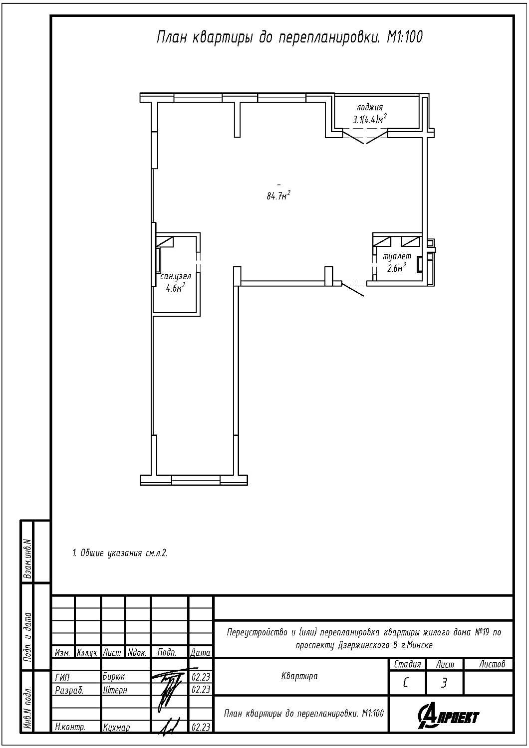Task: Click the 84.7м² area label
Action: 278,195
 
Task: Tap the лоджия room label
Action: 370,108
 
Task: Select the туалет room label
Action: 397,257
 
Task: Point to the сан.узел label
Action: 176,276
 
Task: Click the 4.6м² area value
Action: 176,288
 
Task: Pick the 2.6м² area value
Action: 397,267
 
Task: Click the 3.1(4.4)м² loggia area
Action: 370,119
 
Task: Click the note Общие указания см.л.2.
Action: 120,553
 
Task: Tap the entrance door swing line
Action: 352,289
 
